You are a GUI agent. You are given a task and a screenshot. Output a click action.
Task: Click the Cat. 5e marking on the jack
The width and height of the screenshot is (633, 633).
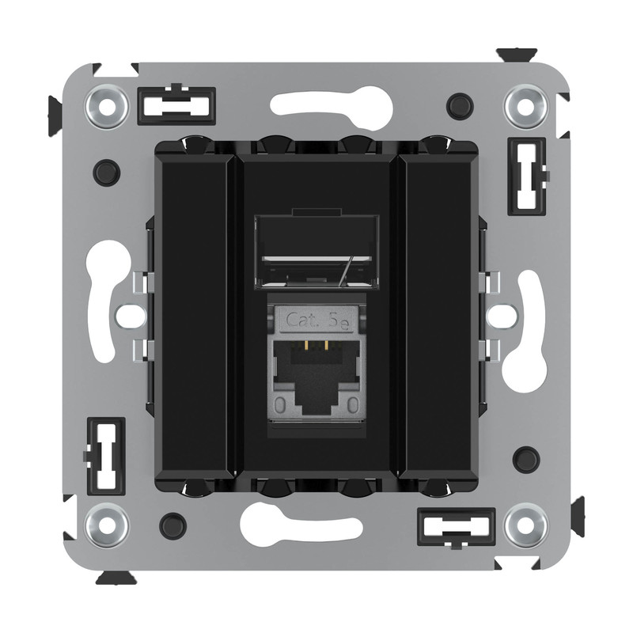coord(317,321)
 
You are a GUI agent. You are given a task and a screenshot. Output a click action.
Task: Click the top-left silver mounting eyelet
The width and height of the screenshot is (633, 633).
coord(107,107)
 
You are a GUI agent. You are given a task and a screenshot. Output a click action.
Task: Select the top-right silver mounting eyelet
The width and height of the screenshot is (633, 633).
coord(525,107)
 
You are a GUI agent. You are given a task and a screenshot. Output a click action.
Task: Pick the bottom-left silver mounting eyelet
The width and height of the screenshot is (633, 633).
coord(107,525)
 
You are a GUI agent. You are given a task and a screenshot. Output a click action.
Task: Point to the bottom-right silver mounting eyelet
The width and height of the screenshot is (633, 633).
coord(526,525)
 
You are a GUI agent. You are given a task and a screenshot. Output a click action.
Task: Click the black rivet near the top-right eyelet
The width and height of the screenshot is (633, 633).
coord(460,106)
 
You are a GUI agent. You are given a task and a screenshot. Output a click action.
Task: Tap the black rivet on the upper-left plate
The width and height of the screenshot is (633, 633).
coord(107,172)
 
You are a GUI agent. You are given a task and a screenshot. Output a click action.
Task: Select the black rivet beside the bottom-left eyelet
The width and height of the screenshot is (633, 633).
coord(172,526)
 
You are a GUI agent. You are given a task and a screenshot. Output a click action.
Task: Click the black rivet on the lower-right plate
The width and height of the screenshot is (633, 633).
coord(526,460)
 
